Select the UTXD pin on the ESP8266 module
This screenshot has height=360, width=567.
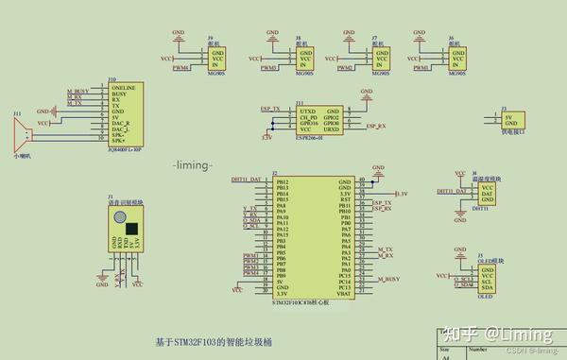tap(307, 110)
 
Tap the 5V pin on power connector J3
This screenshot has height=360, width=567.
tap(509, 117)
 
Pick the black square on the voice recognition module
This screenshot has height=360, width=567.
tap(131, 228)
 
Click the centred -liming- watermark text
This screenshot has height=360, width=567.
tap(197, 165)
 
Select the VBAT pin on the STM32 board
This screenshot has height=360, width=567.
tap(344, 294)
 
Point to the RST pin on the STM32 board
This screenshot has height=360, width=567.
tap(345, 199)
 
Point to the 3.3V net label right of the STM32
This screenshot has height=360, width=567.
tap(400, 194)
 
